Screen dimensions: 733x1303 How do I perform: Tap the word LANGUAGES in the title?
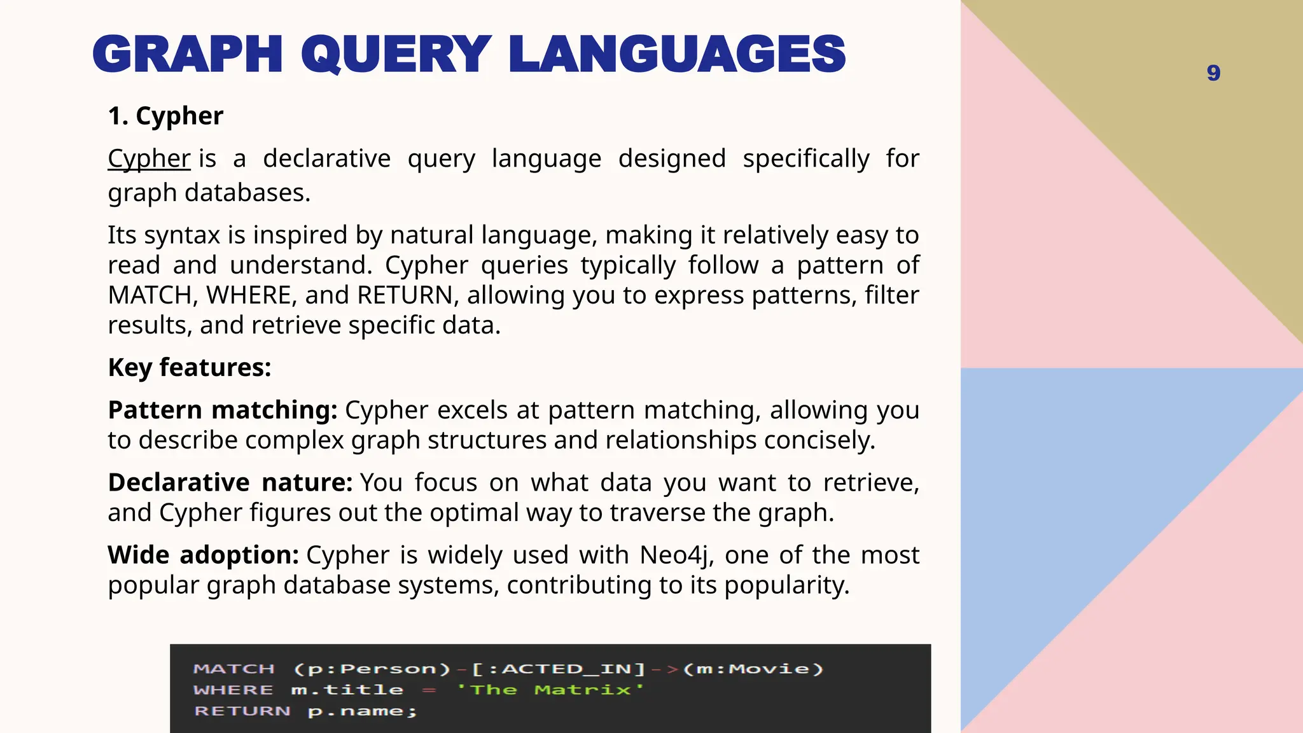click(677, 55)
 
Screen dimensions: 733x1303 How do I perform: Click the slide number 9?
click(1213, 73)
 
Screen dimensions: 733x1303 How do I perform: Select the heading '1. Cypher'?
click(165, 116)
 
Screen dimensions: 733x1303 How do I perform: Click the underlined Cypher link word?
click(149, 158)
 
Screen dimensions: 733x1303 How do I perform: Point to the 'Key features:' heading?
click(190, 368)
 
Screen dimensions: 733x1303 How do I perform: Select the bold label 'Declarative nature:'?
click(230, 483)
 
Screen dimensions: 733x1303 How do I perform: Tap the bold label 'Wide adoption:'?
click(203, 555)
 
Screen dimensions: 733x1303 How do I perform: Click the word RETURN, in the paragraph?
click(405, 295)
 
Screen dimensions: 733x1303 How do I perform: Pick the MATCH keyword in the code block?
click(234, 669)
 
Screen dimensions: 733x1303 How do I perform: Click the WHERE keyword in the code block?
click(233, 690)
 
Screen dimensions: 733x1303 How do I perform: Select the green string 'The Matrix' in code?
click(550, 690)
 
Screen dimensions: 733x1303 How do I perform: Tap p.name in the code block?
click(361, 711)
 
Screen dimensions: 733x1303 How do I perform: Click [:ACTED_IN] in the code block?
click(558, 669)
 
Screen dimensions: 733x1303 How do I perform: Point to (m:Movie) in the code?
click(753, 669)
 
